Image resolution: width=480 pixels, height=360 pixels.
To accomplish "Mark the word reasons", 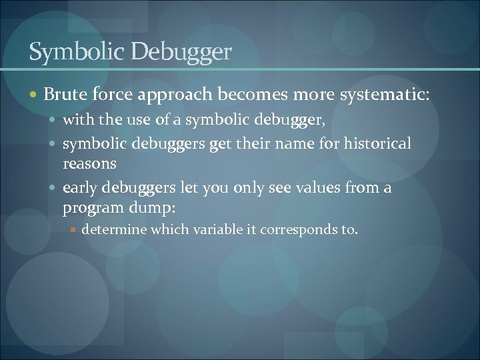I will [89, 163].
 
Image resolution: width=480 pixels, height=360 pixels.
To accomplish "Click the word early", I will [79, 187].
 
